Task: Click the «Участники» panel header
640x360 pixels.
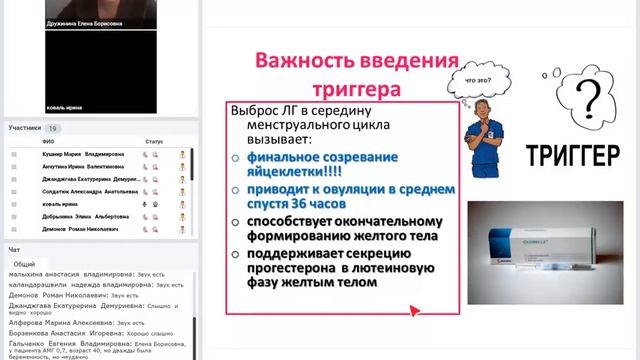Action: tap(26, 129)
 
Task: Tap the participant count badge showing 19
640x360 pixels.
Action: tap(52, 129)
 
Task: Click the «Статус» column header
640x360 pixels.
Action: tap(153, 142)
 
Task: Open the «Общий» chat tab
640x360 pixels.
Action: tap(24, 264)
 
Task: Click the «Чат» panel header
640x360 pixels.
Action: tap(14, 249)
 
